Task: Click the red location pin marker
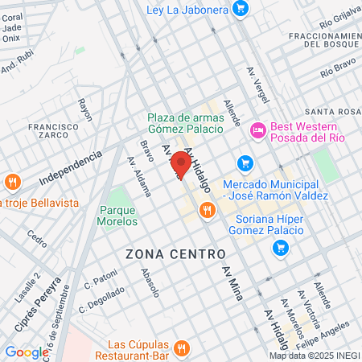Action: tap(182, 166)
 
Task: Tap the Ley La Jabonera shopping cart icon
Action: tap(240, 10)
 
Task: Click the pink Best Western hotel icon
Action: tap(258, 130)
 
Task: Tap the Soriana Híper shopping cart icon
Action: tap(281, 248)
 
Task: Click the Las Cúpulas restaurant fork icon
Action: tap(181, 348)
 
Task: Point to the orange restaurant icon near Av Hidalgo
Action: tap(208, 211)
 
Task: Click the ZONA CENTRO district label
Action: tap(175, 254)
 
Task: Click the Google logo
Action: tap(27, 352)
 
